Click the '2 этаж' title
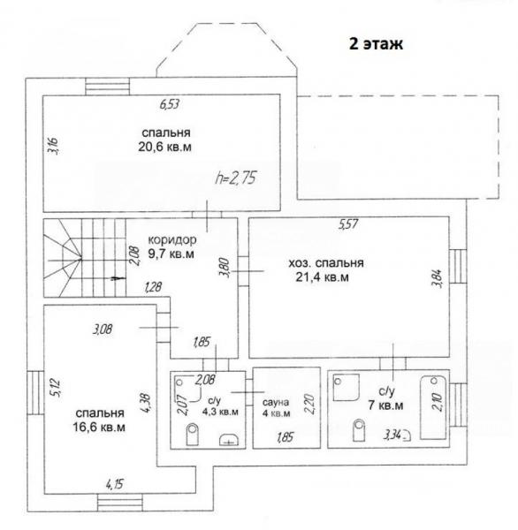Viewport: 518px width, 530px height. [x=376, y=44]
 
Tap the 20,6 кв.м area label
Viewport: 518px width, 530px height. [x=164, y=147]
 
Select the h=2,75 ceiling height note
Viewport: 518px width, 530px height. [x=236, y=178]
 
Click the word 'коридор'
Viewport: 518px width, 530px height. [x=172, y=239]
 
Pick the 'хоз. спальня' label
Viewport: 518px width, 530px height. [x=326, y=263]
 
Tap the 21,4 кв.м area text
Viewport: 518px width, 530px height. [x=322, y=277]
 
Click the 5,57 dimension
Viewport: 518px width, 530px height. [x=348, y=224]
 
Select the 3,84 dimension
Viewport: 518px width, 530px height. [x=436, y=278]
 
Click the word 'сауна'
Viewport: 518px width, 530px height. [x=276, y=402]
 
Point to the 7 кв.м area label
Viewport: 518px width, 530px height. [x=385, y=405]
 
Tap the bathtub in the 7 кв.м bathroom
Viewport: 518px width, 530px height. [x=433, y=407]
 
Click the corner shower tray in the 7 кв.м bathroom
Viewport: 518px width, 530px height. [x=346, y=387]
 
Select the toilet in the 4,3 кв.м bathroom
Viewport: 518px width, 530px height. [x=192, y=435]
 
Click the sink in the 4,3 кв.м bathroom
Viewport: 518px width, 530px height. [x=229, y=440]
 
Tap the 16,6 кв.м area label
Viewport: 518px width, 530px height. [x=99, y=428]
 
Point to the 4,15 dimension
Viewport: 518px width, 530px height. [x=115, y=485]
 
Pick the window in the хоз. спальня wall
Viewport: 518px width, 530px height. [x=458, y=267]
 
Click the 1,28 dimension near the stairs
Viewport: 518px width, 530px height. [x=153, y=287]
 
